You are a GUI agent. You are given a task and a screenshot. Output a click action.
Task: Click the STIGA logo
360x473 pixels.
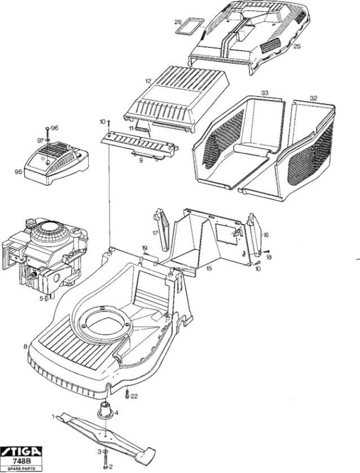pos(21,451)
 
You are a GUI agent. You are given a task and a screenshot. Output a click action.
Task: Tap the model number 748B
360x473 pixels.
pos(21,461)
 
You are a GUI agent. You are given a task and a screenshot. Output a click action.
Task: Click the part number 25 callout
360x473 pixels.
pos(297,46)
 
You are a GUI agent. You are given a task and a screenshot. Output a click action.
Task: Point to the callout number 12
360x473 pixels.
pos(148,81)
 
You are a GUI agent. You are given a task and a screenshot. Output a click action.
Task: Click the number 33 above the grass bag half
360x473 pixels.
pos(264,93)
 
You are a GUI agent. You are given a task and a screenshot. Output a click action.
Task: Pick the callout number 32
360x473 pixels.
pos(313,98)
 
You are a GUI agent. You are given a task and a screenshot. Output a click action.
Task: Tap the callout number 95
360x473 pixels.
pos(18,172)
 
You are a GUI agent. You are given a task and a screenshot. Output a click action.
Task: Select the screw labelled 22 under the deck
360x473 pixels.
pos(127,394)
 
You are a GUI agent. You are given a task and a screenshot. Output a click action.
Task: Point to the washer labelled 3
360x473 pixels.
pos(105,451)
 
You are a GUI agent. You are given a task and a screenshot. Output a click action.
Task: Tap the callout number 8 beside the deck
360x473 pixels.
pos(25,346)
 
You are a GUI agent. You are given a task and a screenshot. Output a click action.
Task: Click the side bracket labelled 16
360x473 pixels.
pos(254,232)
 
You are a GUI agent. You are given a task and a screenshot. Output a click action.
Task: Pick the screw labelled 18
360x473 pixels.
pos(267,251)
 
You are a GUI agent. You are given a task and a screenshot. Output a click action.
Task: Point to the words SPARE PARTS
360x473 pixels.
pos(21,468)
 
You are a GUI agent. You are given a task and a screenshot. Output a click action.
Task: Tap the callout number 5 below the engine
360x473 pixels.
pos(41,299)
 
